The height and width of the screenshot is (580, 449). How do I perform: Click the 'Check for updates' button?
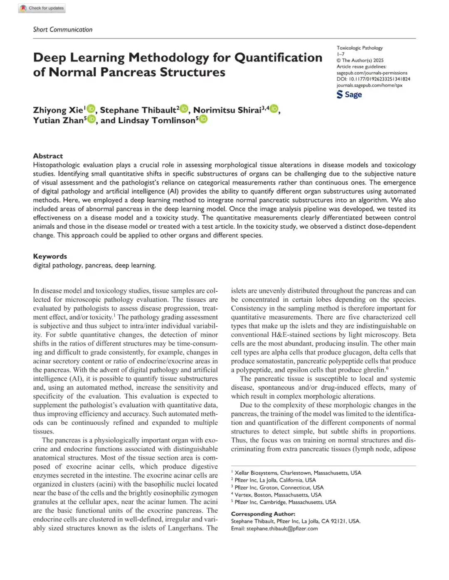tap(42, 8)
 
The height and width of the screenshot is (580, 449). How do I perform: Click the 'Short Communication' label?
tap(63, 29)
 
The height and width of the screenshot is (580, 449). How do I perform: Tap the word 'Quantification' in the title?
tap(278, 57)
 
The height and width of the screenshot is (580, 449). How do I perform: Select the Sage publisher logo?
tap(349, 95)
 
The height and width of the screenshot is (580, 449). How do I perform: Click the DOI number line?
tap(373, 79)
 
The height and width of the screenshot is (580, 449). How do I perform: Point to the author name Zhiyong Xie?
tap(58, 110)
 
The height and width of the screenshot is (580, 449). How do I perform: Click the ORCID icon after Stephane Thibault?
tap(184, 109)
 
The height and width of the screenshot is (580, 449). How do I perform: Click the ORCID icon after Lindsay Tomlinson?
tap(203, 120)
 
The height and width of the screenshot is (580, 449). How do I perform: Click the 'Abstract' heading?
tap(48, 156)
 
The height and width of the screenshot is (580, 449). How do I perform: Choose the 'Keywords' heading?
tap(50, 257)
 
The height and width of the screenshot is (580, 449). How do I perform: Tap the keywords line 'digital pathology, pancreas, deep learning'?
tap(94, 265)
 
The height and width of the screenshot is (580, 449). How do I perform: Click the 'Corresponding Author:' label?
tap(263, 514)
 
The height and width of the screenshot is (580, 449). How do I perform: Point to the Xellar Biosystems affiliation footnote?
tap(298, 473)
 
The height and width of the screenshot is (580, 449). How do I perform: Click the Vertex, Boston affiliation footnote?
tap(278, 495)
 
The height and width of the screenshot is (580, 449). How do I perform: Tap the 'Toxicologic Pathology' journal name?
tap(360, 48)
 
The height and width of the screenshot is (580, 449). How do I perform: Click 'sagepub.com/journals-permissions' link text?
tap(372, 73)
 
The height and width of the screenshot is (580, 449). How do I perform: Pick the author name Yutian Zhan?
tap(58, 120)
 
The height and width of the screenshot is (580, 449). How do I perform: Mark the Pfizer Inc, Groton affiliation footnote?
tap(279, 487)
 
